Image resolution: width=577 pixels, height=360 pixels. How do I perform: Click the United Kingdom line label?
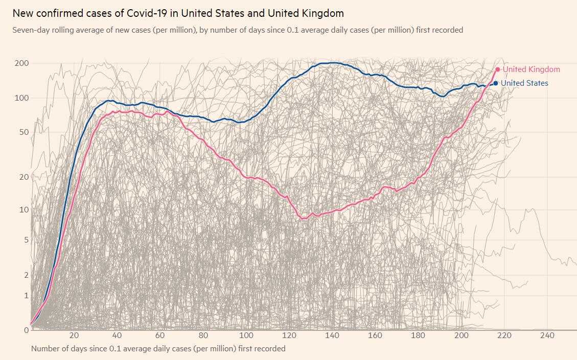[x=532, y=69]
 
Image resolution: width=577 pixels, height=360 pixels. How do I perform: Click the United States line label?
[x=524, y=83]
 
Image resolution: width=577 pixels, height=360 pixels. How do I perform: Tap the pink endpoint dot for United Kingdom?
[x=498, y=69]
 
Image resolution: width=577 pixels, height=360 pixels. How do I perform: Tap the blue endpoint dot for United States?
[x=495, y=83]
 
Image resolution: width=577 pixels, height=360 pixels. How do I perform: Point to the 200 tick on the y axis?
[x=21, y=63]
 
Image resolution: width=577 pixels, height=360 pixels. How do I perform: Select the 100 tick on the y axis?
[x=21, y=98]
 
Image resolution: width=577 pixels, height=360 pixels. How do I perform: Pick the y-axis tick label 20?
[x=24, y=177]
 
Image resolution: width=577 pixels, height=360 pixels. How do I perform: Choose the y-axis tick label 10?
[x=24, y=210]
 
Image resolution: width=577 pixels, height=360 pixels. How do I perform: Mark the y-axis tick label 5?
[x=26, y=240]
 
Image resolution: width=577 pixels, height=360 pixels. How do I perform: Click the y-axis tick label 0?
[x=26, y=330]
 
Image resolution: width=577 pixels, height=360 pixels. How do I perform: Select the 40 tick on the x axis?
[x=117, y=335]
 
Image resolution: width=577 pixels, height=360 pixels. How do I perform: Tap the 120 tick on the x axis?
[x=290, y=335]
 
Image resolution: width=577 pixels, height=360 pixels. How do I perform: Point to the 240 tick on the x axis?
[x=547, y=335]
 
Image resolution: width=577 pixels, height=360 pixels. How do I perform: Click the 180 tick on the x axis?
[x=419, y=335]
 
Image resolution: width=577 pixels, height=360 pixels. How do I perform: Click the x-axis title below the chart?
[x=158, y=349]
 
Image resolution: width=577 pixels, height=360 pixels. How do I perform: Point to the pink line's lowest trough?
[x=304, y=219]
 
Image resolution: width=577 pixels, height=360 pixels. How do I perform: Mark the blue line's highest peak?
[x=332, y=63]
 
